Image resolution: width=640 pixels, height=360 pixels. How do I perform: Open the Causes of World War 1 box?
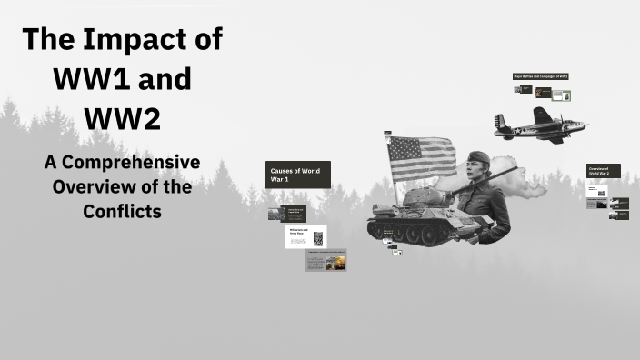(x=297, y=174)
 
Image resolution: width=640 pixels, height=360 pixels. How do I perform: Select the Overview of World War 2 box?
(x=604, y=171)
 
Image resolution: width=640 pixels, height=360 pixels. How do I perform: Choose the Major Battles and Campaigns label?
(x=541, y=77)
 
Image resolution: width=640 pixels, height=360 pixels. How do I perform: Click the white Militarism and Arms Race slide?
(x=305, y=236)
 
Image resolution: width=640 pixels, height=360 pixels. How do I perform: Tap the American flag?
(x=421, y=157)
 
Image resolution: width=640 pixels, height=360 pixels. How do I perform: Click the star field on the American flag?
(x=400, y=146)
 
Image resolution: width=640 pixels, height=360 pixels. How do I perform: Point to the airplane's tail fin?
(x=499, y=121)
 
